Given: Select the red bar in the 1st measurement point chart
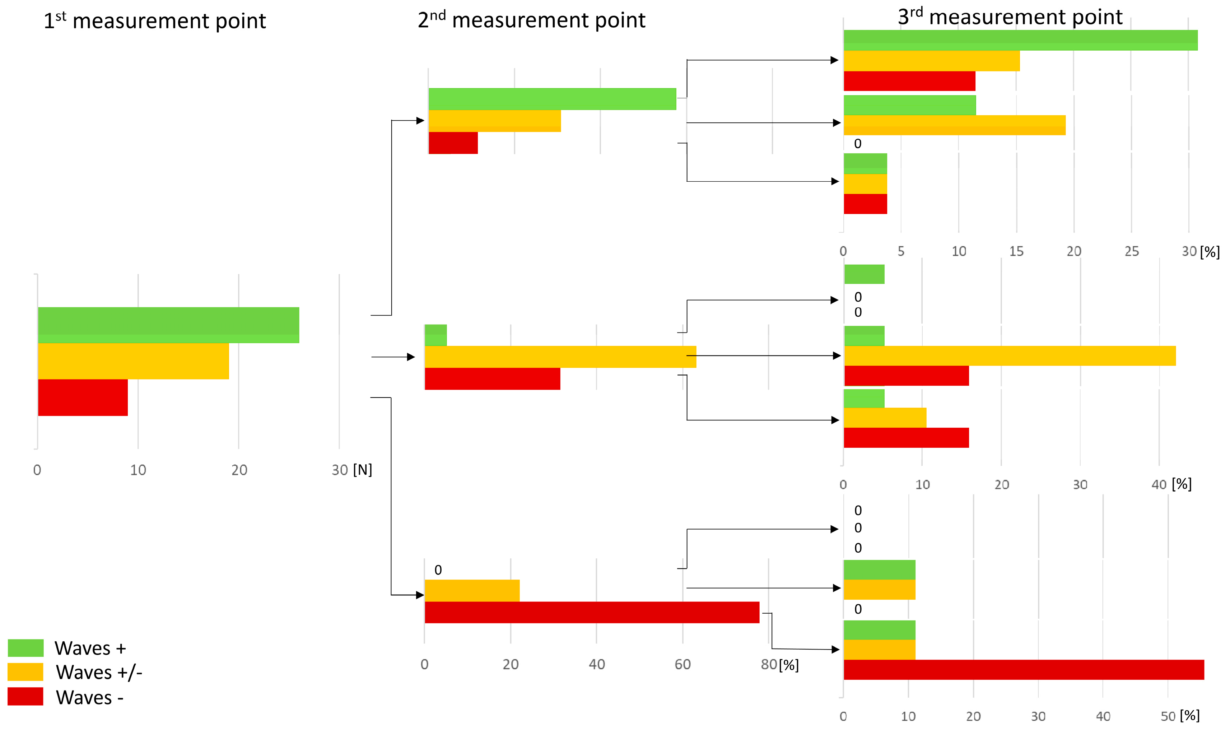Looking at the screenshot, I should (x=83, y=397).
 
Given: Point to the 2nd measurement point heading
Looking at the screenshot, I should (x=531, y=20).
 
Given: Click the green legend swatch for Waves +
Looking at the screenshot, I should (x=25, y=648).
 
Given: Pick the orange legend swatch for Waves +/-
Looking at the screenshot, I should (x=25, y=672).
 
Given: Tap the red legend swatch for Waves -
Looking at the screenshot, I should (x=25, y=697).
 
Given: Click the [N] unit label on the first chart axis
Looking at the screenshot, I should (x=363, y=470).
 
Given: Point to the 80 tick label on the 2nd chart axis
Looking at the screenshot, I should (x=769, y=665).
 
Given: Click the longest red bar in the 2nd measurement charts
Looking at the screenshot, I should (x=592, y=613).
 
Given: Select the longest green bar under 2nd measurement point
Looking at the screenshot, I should (x=552, y=99).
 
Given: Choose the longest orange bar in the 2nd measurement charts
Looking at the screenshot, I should (x=560, y=357).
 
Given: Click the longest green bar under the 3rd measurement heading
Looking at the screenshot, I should (x=1020, y=40).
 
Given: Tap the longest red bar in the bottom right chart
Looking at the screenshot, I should (x=1024, y=669).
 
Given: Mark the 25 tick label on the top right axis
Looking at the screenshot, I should (x=1131, y=251).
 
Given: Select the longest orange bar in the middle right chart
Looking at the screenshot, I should (x=1010, y=355).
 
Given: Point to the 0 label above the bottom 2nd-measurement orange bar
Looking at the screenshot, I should (x=438, y=570).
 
